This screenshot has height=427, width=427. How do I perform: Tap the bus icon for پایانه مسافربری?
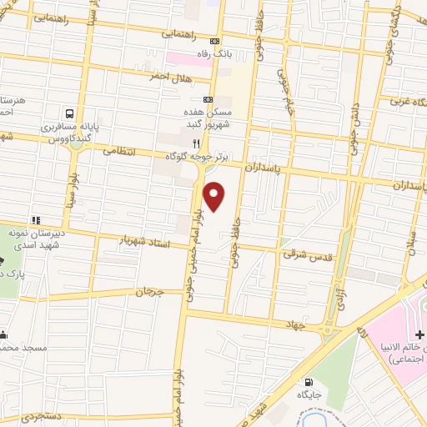[70, 113]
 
